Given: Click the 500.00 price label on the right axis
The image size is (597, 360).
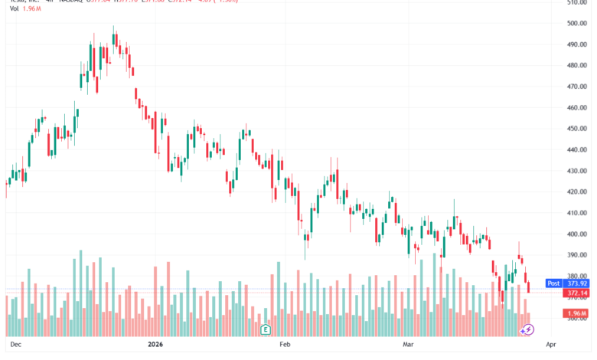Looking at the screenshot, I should [577, 23].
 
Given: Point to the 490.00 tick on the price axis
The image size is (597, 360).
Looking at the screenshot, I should [577, 44].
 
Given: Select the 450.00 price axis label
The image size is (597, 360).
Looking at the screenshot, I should [577, 129].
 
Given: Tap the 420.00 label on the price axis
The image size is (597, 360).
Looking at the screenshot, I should [577, 191].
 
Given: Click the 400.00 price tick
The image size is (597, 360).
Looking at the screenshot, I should [577, 234].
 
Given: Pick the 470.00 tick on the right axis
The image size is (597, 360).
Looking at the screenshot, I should [577, 87].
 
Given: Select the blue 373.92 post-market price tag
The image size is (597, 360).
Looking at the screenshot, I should [578, 283].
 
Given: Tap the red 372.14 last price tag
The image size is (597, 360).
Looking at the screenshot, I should [578, 293].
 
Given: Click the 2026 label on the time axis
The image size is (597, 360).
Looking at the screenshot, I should [155, 345].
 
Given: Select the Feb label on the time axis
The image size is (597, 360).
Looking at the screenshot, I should [285, 345].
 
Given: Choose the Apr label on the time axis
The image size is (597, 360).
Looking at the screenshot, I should [550, 345].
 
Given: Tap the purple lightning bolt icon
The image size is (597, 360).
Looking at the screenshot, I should [527, 330].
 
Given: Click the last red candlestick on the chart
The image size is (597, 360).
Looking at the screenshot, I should [528, 287].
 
